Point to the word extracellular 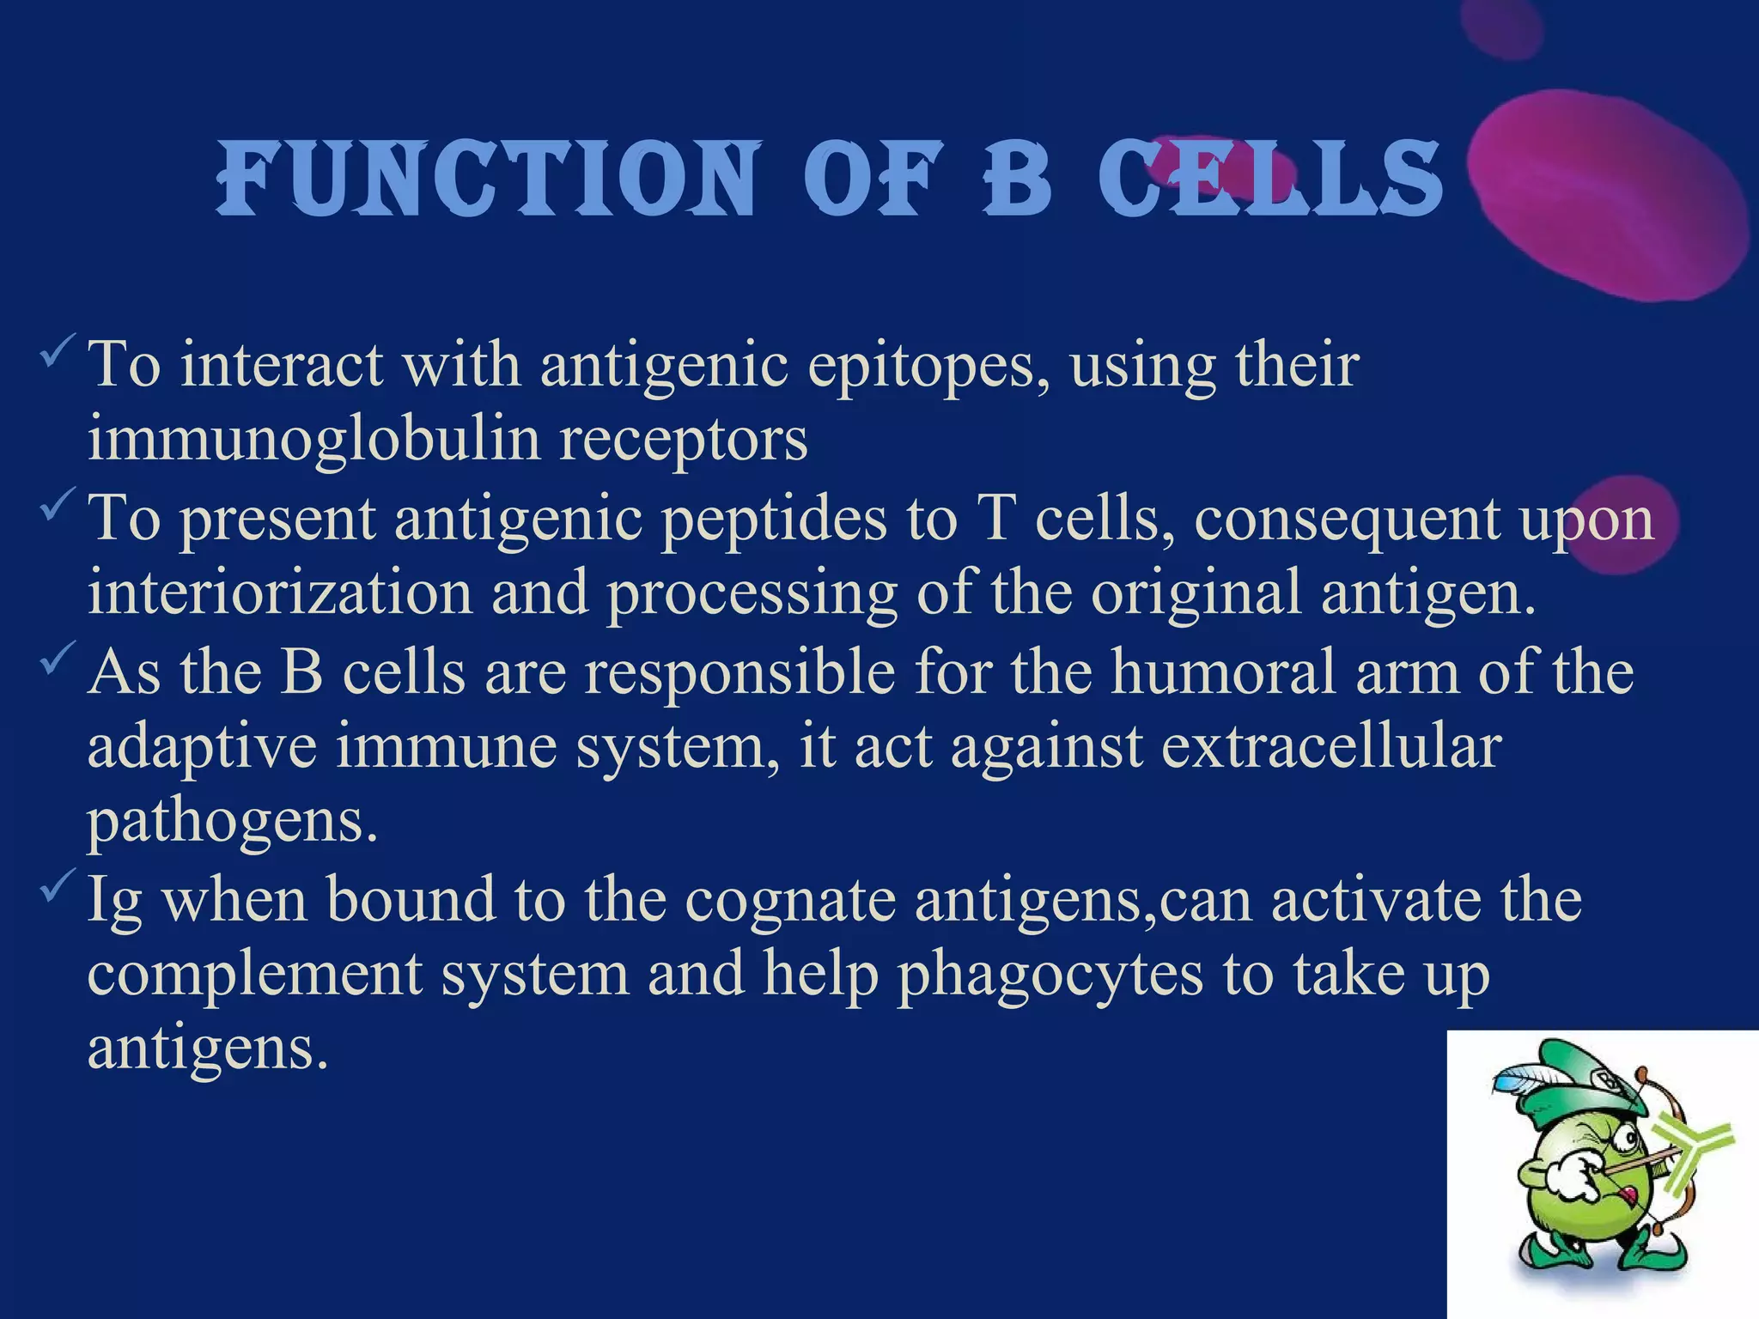tap(1331, 745)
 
